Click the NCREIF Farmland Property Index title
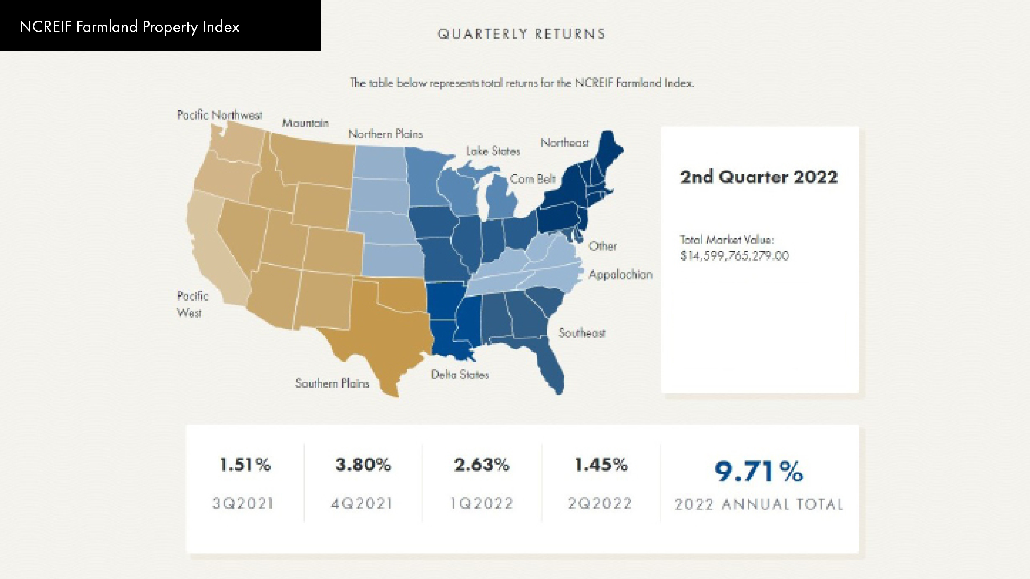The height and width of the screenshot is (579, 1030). [129, 27]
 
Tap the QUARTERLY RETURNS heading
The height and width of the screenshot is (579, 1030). [521, 34]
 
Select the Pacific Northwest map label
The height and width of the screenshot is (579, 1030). [219, 115]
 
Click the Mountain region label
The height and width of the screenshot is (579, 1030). [305, 123]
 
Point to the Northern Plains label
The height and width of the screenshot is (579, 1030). [386, 134]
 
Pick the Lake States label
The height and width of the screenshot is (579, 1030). [493, 151]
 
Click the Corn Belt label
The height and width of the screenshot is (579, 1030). [533, 179]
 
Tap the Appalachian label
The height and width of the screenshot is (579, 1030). [620, 275]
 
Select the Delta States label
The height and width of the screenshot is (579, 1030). [460, 374]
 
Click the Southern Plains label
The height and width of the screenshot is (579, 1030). [332, 383]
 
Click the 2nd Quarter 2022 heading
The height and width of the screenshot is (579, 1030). [758, 177]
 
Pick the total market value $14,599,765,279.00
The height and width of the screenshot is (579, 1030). [735, 256]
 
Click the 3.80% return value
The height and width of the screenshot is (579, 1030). [363, 465]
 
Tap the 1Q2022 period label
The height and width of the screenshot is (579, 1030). [482, 503]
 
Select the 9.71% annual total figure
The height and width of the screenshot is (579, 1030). [758, 471]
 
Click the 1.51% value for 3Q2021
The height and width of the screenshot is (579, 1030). [245, 465]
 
